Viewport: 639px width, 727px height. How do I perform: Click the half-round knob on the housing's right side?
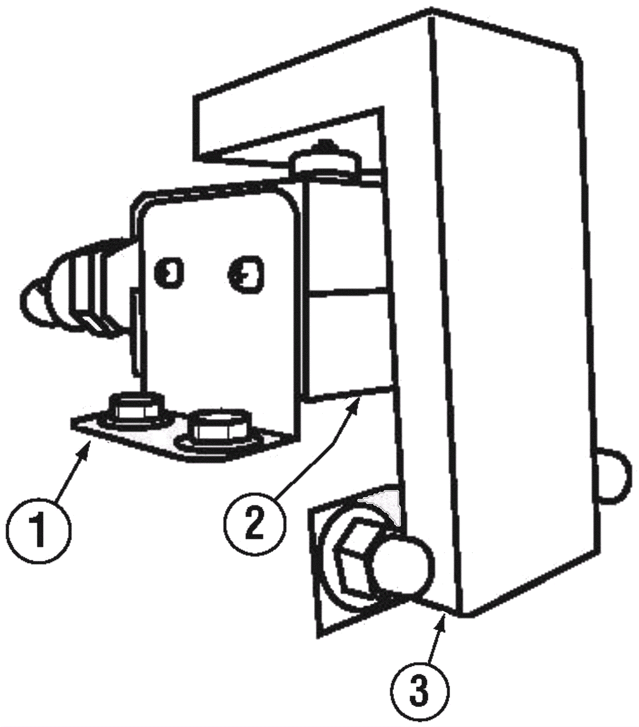tap(615, 474)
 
